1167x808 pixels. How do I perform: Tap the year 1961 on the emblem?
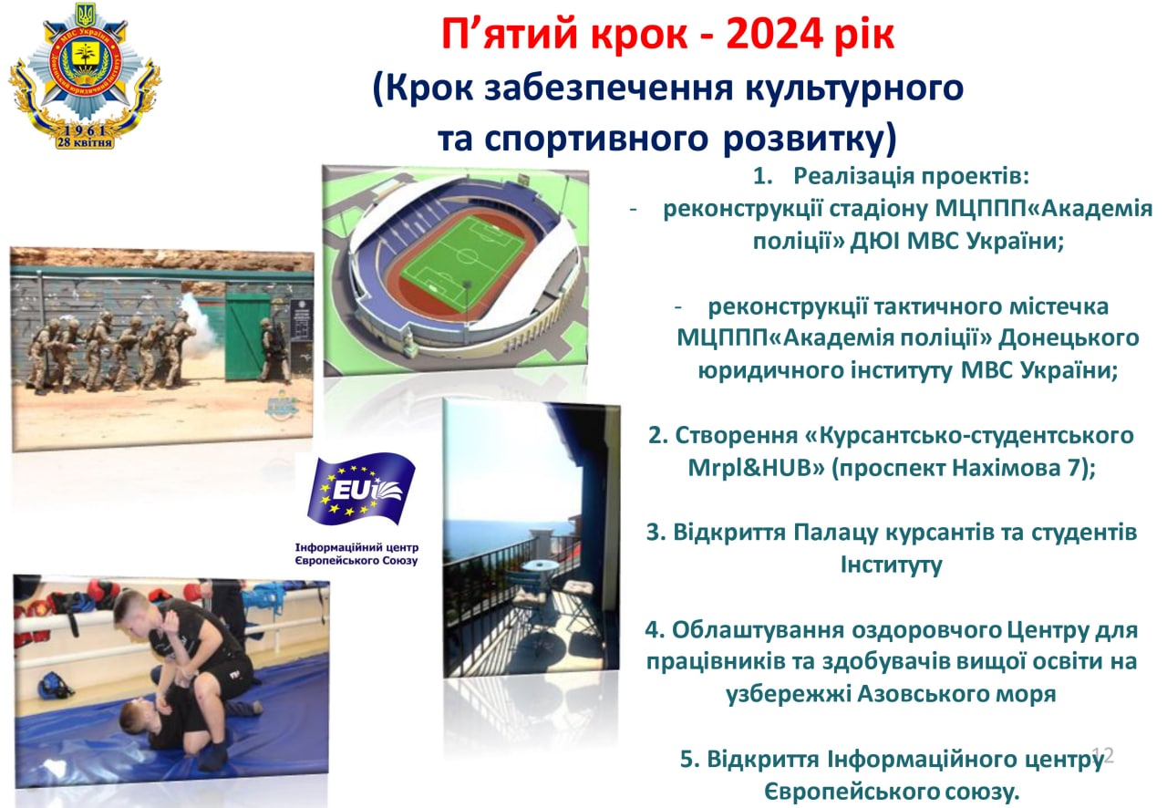(x=85, y=130)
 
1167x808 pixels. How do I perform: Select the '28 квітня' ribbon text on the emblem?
(x=85, y=142)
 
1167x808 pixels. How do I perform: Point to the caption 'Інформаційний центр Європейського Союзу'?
(x=356, y=554)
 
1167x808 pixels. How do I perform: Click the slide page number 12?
(x=1103, y=755)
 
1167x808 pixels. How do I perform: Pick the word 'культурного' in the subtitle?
(x=854, y=88)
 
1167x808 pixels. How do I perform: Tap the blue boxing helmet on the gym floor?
(x=54, y=685)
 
